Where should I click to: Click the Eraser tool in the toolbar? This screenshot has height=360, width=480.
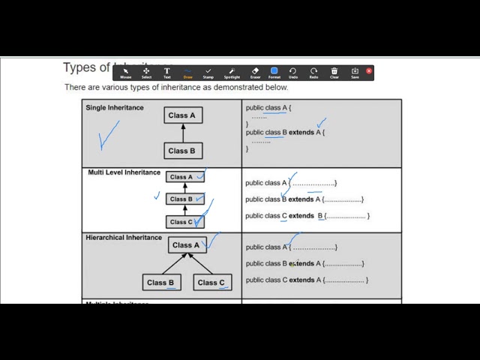pos(255,72)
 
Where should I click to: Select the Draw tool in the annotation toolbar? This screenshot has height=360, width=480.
pos(187,72)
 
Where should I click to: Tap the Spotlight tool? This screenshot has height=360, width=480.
pos(232,72)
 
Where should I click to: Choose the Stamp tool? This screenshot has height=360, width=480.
pos(208,72)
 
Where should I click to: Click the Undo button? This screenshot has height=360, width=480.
pos(293,72)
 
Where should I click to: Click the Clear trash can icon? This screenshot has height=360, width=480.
pos(334,72)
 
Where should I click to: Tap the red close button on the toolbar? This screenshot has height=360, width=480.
pos(369,71)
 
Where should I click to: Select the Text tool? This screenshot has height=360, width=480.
pos(166,72)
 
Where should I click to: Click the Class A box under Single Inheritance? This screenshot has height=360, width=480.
pos(182,115)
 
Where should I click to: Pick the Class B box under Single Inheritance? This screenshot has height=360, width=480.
pos(182,151)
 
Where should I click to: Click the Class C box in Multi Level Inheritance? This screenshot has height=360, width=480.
pos(184,222)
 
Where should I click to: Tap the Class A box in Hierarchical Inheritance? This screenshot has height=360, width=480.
pos(187,245)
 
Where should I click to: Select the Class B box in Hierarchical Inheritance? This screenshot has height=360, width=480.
pos(161,283)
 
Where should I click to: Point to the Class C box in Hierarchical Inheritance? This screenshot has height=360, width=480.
pos(212,283)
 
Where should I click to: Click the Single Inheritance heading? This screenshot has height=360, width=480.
pos(115,107)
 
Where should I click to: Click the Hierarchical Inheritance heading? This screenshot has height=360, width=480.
pos(124,238)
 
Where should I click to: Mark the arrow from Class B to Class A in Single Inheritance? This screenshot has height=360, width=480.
pos(183,133)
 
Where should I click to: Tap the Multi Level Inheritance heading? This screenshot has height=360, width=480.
pos(124,172)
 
